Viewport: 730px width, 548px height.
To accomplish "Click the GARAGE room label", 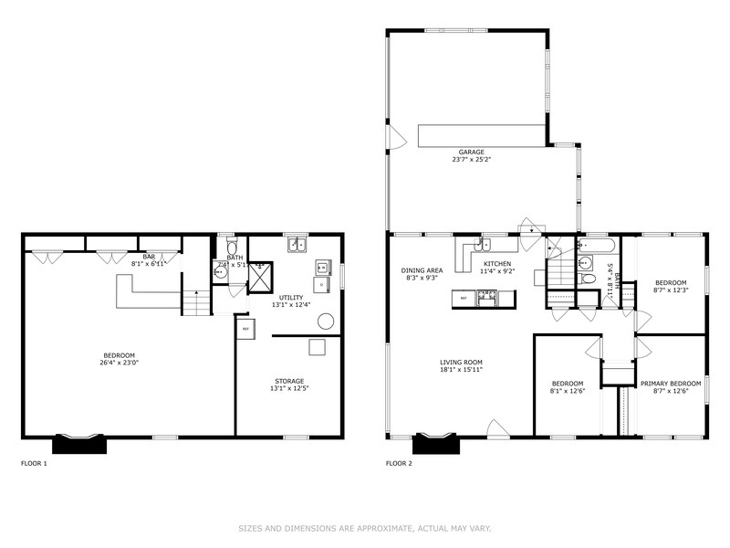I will (471, 152).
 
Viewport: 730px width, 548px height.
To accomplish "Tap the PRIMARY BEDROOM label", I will (671, 383).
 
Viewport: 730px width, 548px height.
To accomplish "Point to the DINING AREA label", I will (422, 270).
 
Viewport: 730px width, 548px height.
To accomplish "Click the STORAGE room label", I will (289, 381).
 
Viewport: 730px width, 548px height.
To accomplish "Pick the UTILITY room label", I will (292, 297).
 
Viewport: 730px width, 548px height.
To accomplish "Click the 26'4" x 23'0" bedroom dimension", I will (120, 363).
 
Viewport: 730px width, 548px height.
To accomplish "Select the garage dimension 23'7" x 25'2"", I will (471, 160).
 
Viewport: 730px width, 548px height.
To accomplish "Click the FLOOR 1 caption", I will (34, 463).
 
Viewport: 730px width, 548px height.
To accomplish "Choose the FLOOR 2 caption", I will (399, 463).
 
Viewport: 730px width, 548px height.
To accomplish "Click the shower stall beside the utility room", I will (260, 275).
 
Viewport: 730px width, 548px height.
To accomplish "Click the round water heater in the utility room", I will (325, 321).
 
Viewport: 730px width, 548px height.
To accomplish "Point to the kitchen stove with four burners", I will (487, 296).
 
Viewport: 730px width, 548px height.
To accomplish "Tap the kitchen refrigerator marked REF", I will (464, 298).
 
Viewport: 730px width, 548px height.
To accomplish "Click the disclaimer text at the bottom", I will (365, 528).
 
